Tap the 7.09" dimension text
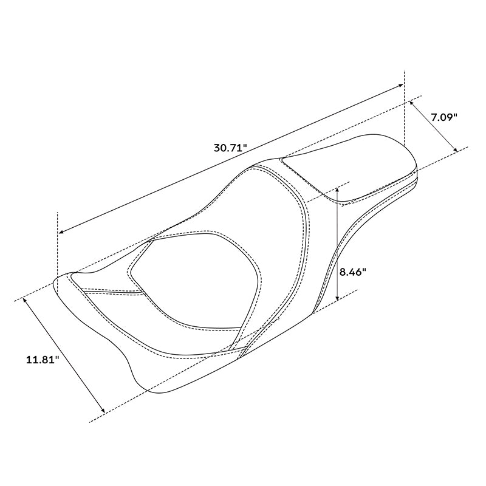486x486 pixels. (444, 117)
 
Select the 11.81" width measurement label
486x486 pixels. (42, 360)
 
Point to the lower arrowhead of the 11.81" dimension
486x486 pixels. (103, 411)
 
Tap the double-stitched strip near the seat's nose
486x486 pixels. (109, 291)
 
